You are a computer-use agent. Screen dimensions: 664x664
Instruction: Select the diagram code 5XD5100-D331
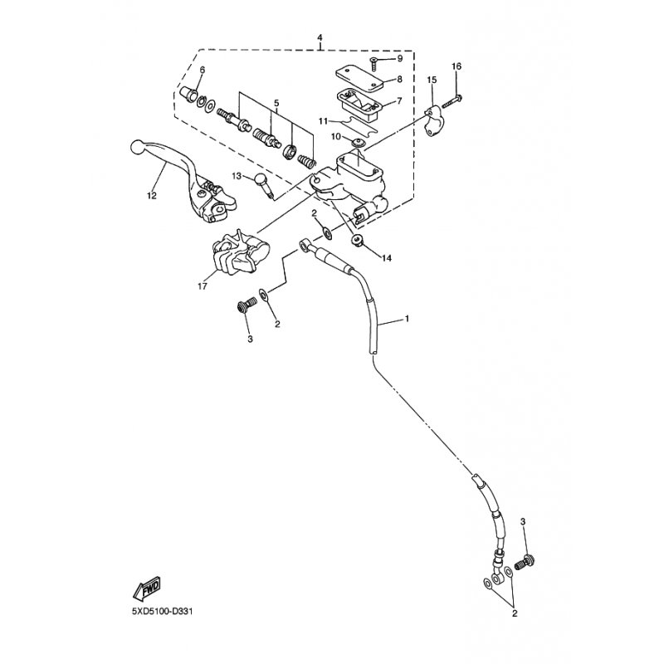(x=162, y=612)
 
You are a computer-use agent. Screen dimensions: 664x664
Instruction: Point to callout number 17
(x=203, y=286)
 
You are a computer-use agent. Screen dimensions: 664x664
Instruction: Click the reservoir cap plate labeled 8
(x=359, y=77)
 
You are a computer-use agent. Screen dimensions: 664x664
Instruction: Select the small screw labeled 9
(x=373, y=65)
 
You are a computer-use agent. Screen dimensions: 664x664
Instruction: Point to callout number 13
(x=237, y=175)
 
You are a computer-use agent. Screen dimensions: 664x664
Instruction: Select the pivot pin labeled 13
(x=264, y=185)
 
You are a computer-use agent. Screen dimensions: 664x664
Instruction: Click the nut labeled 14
(x=357, y=240)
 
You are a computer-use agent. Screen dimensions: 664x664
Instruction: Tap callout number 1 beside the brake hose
(x=407, y=318)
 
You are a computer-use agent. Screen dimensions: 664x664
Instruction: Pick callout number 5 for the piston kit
(x=276, y=103)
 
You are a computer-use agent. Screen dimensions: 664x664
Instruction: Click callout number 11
(x=323, y=121)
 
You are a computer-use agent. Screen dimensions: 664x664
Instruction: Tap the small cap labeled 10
(x=359, y=142)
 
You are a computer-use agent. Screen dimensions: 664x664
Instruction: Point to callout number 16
(x=456, y=66)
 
